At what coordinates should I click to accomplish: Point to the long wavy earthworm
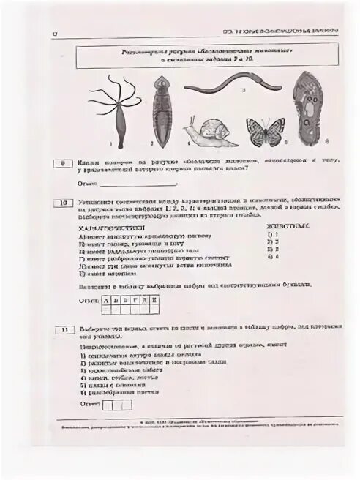coord(227,86)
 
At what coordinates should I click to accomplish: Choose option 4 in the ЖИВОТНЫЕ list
coord(275,257)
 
